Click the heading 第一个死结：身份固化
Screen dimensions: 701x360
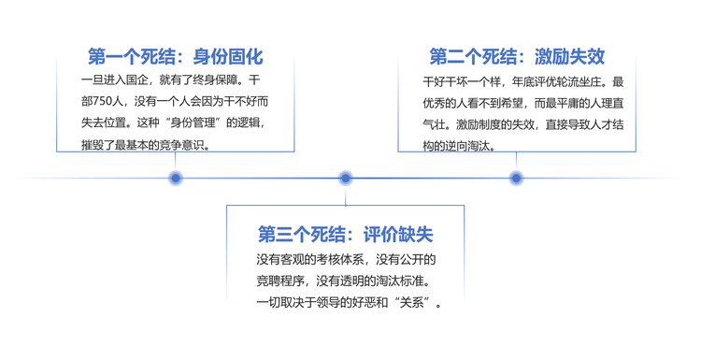point(176,57)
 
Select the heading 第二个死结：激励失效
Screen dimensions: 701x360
point(517,57)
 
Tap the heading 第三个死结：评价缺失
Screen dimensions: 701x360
point(345,235)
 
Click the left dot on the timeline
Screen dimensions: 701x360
point(176,179)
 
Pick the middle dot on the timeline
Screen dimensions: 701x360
point(345,179)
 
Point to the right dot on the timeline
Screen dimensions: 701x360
point(516,179)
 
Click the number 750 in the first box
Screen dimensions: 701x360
point(103,102)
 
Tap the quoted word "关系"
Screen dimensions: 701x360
point(412,303)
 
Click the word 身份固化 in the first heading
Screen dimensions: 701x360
point(228,57)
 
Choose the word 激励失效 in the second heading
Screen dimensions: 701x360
point(569,57)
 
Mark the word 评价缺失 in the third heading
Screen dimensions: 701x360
point(398,235)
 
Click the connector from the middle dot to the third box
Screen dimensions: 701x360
point(345,195)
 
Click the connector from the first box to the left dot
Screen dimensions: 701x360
point(176,162)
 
